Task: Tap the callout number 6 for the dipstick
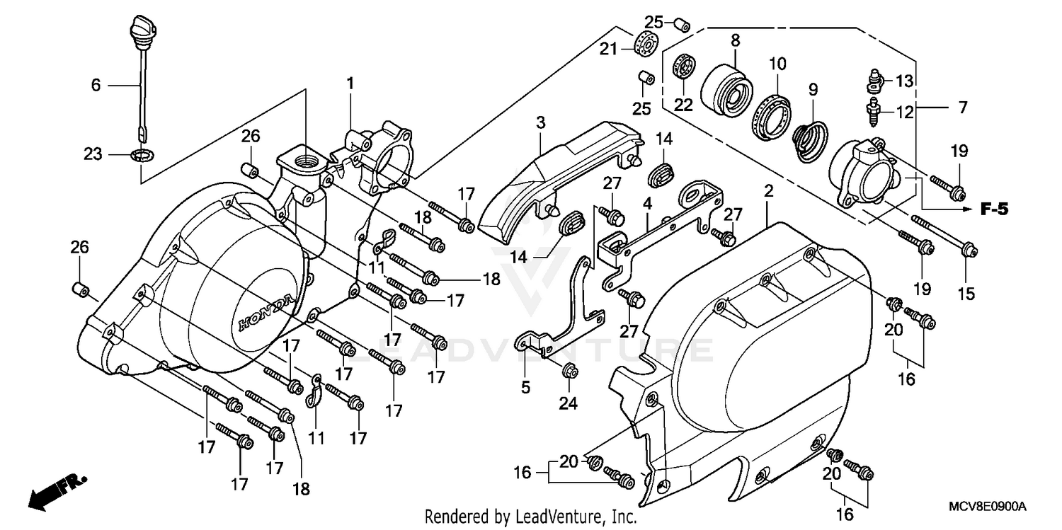click(96, 85)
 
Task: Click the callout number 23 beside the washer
click(93, 154)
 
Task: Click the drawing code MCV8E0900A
click(987, 507)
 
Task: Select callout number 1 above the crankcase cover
click(349, 83)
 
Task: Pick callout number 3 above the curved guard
click(540, 122)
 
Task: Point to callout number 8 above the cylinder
click(735, 41)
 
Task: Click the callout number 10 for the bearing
click(777, 64)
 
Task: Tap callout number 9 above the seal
click(813, 90)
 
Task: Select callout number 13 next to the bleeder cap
click(904, 81)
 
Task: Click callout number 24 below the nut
click(569, 403)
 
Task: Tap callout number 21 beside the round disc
click(609, 48)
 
